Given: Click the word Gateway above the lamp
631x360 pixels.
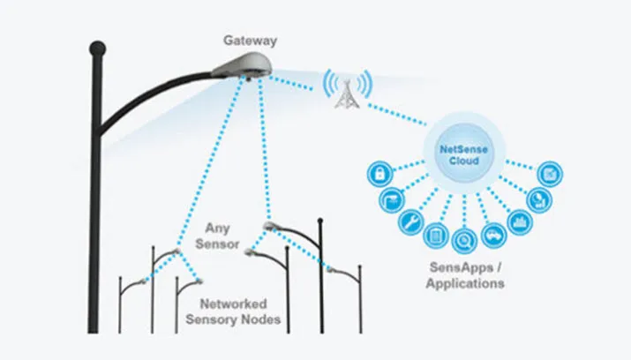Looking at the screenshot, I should (x=249, y=41).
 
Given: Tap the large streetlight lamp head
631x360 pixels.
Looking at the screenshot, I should (x=242, y=63).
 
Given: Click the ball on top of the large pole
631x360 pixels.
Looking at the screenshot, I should (x=97, y=49).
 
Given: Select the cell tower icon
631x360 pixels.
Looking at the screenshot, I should (x=346, y=90).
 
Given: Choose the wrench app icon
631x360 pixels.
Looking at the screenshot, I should (x=410, y=221).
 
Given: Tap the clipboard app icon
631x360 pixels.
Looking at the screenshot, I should (x=436, y=235).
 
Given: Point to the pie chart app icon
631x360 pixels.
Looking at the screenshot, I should (x=537, y=200).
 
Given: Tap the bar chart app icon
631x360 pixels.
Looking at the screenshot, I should (x=519, y=221).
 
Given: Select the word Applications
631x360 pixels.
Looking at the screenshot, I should (x=465, y=284).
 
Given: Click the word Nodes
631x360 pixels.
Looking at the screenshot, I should (x=260, y=319).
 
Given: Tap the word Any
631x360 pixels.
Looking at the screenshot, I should (x=217, y=229).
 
